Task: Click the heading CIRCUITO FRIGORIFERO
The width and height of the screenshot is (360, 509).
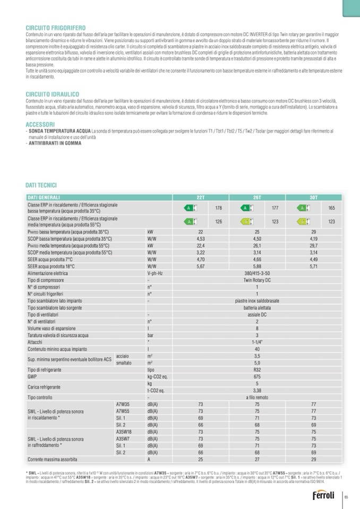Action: (56, 27)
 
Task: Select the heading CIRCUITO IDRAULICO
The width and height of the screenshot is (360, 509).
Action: (53, 94)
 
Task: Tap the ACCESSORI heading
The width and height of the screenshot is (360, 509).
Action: (40, 124)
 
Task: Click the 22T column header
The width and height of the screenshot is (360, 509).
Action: (200, 197)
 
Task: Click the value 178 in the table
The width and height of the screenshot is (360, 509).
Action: (218, 208)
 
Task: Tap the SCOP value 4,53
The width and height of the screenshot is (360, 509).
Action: (200, 239)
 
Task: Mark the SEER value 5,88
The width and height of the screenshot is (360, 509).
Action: (257, 266)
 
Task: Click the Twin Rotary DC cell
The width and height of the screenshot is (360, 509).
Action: (257, 280)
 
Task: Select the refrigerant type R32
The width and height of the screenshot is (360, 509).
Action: (257, 369)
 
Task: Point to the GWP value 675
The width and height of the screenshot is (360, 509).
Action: (257, 376)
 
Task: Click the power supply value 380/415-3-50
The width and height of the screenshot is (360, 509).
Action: (257, 273)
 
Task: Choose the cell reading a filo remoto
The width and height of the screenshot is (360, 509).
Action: (257, 397)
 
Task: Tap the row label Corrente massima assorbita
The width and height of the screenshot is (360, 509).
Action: (53, 459)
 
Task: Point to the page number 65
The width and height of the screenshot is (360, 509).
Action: (346, 497)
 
